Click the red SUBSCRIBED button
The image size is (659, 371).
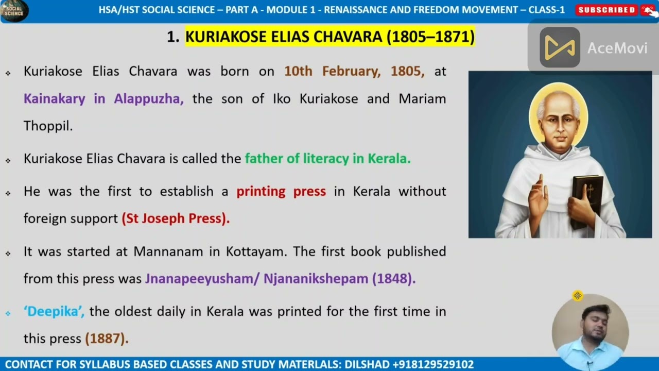coord(606,10)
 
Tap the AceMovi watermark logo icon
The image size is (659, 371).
coord(560,48)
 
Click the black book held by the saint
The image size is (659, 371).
coord(587,201)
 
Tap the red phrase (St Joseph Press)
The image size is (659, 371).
coord(176,218)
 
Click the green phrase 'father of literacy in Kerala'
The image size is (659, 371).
coord(327,159)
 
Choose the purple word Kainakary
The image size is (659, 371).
coord(55,99)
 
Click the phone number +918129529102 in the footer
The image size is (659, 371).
coord(433,364)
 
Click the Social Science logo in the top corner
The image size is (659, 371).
coord(14,11)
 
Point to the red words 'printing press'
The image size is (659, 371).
coord(281,191)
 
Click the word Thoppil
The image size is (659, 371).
coord(48,126)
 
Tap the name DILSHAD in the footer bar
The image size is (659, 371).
coord(366,364)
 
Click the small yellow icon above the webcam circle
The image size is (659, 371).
coord(578,295)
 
